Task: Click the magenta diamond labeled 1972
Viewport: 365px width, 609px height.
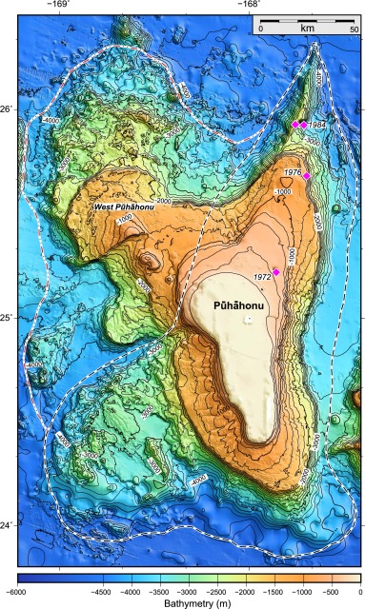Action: pos(276,272)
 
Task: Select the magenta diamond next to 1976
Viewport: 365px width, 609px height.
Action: pos(307,177)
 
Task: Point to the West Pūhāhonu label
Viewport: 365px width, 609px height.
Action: pos(119,206)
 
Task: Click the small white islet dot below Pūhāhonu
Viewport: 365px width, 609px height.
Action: pos(248,319)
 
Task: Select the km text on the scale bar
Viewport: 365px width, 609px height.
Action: pos(307,29)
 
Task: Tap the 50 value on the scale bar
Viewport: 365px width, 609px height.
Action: pos(353,29)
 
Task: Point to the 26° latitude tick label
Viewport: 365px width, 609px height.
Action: pos(8,110)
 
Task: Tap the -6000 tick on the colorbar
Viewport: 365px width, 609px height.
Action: pos(17,590)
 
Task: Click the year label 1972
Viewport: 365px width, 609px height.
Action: pos(263,276)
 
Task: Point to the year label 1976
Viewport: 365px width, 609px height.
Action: pos(293,171)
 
